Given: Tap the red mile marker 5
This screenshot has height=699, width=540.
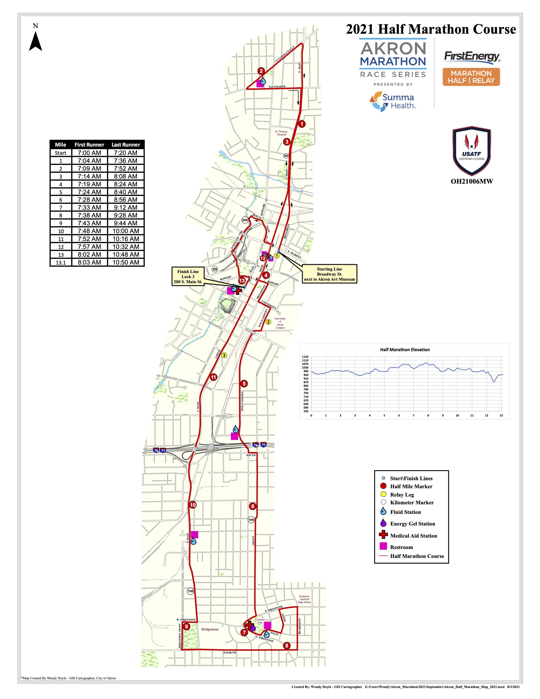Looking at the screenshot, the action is (244, 383).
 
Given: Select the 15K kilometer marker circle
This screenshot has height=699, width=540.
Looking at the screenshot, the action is (190, 591).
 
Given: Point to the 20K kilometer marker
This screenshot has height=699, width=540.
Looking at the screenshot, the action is (245, 220).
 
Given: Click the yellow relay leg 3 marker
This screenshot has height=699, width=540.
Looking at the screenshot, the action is (224, 355).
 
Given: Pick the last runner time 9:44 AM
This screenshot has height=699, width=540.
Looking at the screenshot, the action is (126, 223).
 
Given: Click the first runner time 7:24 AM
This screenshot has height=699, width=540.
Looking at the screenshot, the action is (89, 192).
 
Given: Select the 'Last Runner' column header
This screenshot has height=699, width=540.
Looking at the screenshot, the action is (126, 145).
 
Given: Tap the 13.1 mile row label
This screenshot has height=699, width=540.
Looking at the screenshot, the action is (61, 262).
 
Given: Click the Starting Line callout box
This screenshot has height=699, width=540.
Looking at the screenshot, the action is (329, 274).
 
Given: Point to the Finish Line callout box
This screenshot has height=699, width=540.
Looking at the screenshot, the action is (188, 276).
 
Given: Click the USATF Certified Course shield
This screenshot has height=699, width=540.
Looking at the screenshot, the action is (472, 150).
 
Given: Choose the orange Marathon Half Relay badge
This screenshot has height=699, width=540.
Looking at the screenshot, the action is (471, 77).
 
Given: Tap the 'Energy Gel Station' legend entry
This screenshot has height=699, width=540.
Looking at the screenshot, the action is (412, 524).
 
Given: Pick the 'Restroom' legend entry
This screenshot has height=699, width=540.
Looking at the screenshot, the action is (401, 547).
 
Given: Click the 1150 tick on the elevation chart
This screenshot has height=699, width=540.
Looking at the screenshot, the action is (305, 357).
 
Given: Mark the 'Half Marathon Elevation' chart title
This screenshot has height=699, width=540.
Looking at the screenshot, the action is (405, 349).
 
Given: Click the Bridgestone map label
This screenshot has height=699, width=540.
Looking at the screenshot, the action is (210, 629).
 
